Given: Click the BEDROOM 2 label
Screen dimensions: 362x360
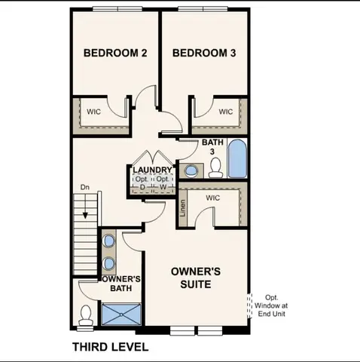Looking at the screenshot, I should (x=114, y=53).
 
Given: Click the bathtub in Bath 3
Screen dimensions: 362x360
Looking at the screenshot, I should (x=237, y=159).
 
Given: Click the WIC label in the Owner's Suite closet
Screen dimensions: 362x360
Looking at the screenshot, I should (x=212, y=198).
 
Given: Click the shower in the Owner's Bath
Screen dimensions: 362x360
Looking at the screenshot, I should (x=121, y=314).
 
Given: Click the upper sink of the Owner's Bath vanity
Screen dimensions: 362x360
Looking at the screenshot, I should (x=110, y=241).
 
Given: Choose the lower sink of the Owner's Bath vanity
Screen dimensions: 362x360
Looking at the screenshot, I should (x=110, y=264).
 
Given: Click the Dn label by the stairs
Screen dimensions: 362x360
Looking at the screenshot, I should (x=85, y=187).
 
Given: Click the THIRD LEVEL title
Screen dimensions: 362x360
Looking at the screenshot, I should (x=110, y=347).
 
